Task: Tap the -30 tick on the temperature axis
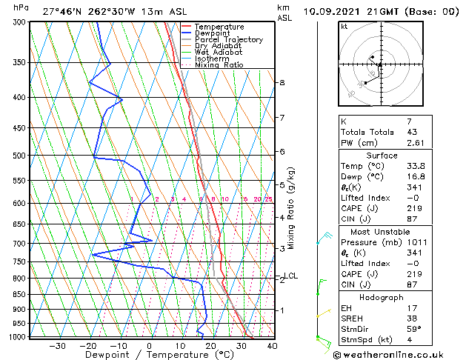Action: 57,345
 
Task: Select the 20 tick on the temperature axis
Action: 210,345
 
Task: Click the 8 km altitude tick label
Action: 282,82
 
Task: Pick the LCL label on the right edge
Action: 291,276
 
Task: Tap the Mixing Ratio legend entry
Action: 219,65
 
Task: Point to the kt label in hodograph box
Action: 344,27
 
